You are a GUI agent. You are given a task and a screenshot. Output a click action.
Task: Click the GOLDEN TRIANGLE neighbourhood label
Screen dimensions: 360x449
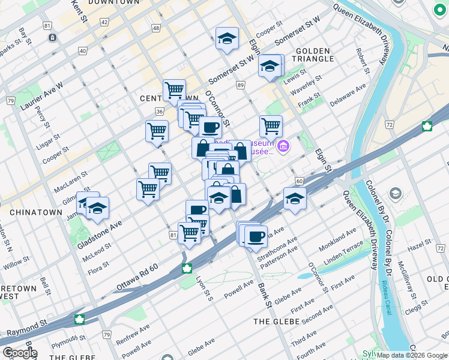click(x=314, y=54)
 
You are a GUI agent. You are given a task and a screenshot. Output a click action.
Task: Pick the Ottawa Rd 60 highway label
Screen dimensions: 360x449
click(x=137, y=278)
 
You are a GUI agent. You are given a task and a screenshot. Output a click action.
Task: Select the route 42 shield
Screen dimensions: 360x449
click(x=104, y=22)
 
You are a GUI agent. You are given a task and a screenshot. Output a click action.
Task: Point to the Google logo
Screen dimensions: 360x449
click(x=19, y=353)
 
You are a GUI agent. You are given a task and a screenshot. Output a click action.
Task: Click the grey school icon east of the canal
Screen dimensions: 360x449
click(x=396, y=193)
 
